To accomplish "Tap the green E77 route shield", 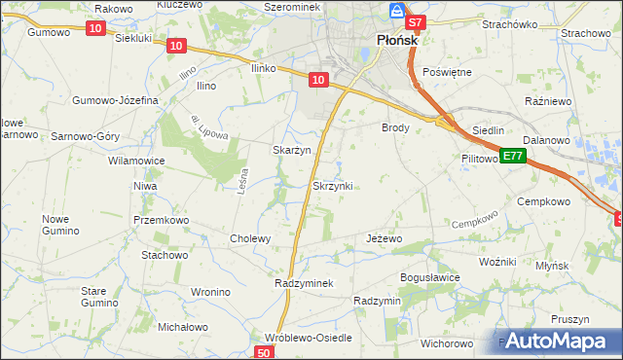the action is click(x=513, y=157).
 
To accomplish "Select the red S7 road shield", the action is click(x=415, y=21).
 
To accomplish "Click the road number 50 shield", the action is click(x=265, y=352).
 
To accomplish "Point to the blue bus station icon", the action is click(x=396, y=11).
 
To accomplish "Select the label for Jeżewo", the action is click(x=384, y=238).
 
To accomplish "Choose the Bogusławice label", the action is click(x=429, y=277).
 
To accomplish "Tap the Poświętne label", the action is click(x=448, y=73).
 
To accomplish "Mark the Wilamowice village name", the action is click(x=136, y=161).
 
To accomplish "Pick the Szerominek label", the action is click(x=285, y=6).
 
